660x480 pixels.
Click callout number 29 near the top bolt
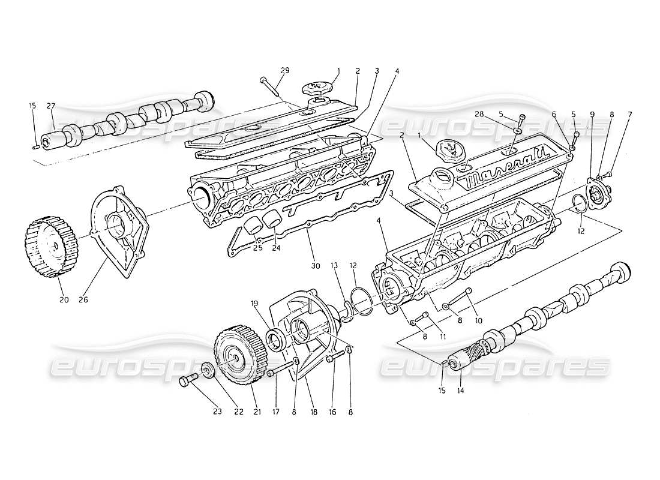[x=285, y=70]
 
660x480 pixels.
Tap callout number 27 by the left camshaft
[x=51, y=106]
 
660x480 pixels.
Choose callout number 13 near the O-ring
[x=334, y=265]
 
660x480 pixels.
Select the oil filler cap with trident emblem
[x=450, y=152]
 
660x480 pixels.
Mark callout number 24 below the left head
[x=275, y=247]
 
